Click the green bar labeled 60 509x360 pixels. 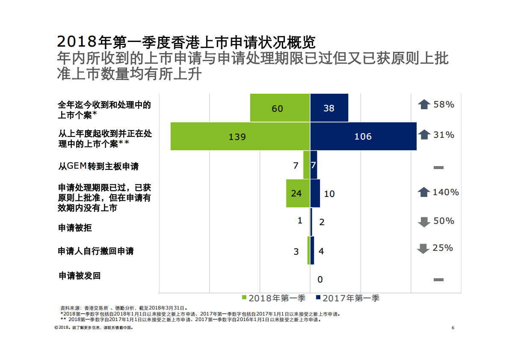[x=280, y=108]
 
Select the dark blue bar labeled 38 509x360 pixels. [x=329, y=108]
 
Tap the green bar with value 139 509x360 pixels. [x=240, y=137]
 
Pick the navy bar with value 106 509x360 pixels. [x=363, y=137]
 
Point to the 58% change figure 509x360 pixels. [x=444, y=104]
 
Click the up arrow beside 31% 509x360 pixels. [x=424, y=135]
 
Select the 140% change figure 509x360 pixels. [x=446, y=192]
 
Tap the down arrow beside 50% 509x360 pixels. [x=424, y=222]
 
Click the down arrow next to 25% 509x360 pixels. [x=423, y=248]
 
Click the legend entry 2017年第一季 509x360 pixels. [x=348, y=298]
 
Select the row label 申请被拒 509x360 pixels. [x=75, y=228]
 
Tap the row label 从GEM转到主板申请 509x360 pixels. [x=98, y=166]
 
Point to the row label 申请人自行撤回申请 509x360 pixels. [x=96, y=251]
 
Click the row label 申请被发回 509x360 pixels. [x=80, y=276]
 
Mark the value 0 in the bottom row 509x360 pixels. [x=320, y=280]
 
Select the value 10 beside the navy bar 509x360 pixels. [x=329, y=194]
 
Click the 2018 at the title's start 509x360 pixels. [x=77, y=42]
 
